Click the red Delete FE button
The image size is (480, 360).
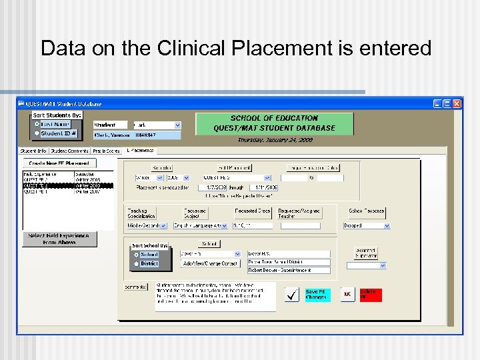pyautogui.click(x=371, y=295)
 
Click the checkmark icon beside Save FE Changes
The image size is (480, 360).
pyautogui.click(x=292, y=295)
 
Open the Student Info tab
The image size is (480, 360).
pyautogui.click(x=33, y=151)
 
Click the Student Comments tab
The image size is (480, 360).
pyautogui.click(x=70, y=151)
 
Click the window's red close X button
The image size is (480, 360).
pyautogui.click(x=457, y=104)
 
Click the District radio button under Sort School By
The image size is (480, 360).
pyautogui.click(x=136, y=264)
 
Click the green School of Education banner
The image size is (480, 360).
pyautogui.click(x=275, y=123)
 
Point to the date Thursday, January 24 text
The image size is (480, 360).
pyautogui.click(x=275, y=140)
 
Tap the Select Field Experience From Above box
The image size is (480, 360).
pyautogui.click(x=59, y=239)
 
